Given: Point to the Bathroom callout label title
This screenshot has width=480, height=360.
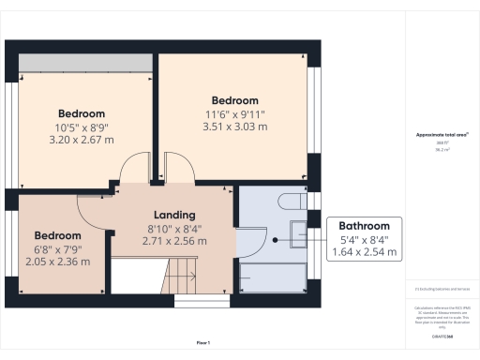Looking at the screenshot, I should coord(364,226).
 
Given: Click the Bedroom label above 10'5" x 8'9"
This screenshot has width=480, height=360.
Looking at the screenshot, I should coord(81,113).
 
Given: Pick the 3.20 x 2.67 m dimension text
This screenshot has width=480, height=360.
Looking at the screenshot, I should coord(81,139).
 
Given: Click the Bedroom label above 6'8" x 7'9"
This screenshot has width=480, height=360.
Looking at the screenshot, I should coord(58,235).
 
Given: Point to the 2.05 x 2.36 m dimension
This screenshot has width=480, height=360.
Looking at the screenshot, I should coord(58,261).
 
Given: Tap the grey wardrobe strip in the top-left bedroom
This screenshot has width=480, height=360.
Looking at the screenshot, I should coord(83,61).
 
